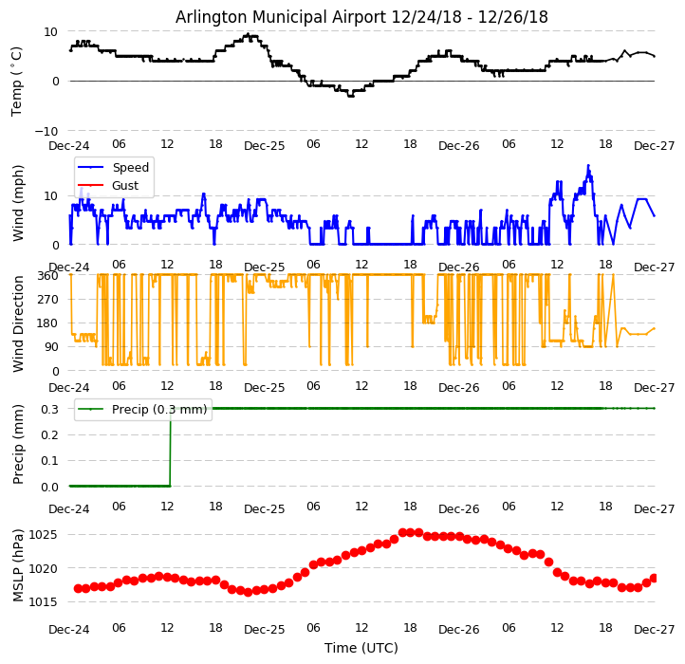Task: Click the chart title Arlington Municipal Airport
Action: coord(361,17)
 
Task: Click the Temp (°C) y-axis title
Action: coord(17,81)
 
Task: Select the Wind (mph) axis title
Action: coord(18,203)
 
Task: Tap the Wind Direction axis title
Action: coord(18,323)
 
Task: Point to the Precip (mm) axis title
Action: coord(18,444)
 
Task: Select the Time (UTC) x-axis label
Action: coord(361,648)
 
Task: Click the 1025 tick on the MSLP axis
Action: coord(46,535)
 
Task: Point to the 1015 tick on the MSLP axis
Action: coord(46,603)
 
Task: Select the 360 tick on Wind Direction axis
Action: coord(48,276)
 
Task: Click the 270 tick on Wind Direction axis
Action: coord(48,300)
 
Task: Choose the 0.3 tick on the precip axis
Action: coord(49,409)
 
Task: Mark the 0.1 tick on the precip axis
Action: coord(49,461)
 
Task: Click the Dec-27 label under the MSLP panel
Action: coord(655,630)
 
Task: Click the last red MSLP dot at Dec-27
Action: coord(655,578)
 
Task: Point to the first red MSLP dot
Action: coord(78,588)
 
